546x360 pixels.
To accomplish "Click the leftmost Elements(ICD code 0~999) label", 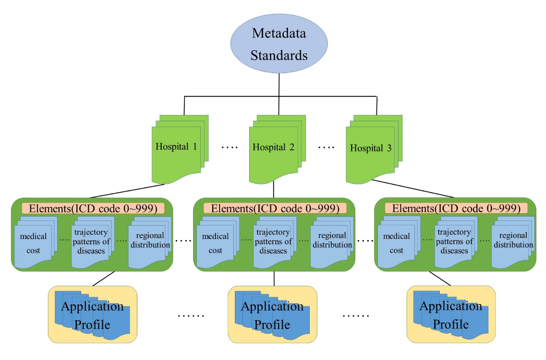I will point(93,208).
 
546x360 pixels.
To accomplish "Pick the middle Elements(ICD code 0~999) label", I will point(274,208).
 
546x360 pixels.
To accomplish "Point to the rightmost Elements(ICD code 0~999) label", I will point(456,208).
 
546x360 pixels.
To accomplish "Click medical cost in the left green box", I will point(34,243).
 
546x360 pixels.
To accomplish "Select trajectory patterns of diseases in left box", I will point(91,241).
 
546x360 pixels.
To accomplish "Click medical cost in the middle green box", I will point(216,243).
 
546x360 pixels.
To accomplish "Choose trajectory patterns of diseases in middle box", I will point(273,241).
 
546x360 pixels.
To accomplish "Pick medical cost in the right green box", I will point(397,243).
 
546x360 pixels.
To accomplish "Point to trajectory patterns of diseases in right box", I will point(454,241).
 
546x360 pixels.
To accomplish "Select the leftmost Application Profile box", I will point(93,315).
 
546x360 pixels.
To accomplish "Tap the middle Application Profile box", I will point(272,315).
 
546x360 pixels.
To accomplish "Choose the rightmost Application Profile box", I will point(451,315).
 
